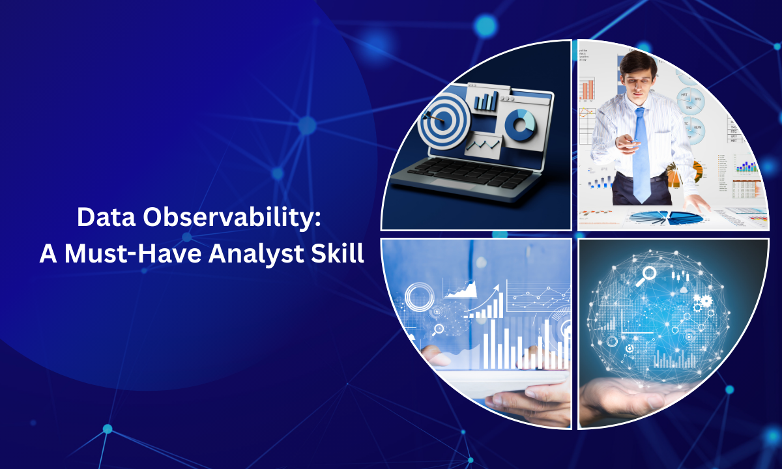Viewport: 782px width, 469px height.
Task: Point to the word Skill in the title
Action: point(338,253)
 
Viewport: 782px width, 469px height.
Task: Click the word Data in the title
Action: point(102,218)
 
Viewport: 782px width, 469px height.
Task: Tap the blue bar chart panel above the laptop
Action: point(486,101)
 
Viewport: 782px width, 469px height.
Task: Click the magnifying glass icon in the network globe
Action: point(648,274)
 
